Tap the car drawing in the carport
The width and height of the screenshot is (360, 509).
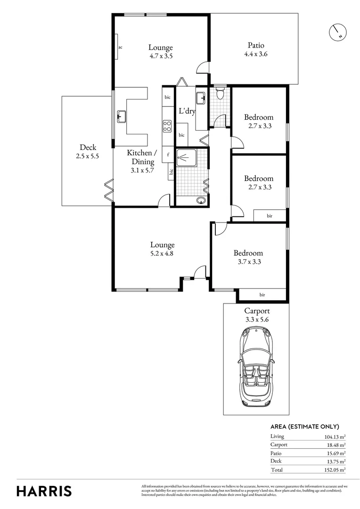(255, 368)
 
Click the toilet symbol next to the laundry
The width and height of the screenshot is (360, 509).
(219, 93)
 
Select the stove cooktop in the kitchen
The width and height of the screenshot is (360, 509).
(167, 125)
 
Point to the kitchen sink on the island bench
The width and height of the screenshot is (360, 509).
(121, 116)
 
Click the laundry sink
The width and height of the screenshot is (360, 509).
(201, 99)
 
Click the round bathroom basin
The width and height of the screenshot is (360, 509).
(202, 200)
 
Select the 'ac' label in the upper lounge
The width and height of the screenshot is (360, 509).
(121, 47)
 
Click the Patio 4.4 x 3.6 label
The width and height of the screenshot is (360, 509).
(256, 49)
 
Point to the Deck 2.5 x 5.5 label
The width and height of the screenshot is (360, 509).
(88, 151)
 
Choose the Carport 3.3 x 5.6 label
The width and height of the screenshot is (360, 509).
(257, 315)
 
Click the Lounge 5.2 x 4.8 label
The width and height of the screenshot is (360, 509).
(162, 249)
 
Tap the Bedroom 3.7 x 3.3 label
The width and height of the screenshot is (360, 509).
(248, 257)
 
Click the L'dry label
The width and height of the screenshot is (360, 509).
(187, 112)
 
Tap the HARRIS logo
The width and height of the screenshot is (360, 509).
(44, 491)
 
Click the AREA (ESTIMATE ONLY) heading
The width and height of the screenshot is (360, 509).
(304, 427)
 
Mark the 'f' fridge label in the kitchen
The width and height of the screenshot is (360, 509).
(168, 155)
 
